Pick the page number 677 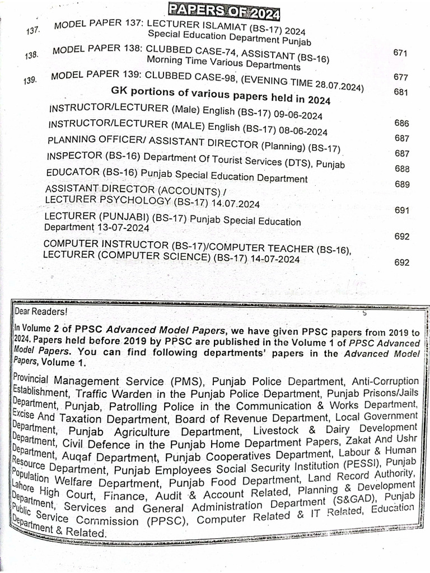coord(400,78)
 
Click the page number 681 coord(400,92)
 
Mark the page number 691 coord(402,210)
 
